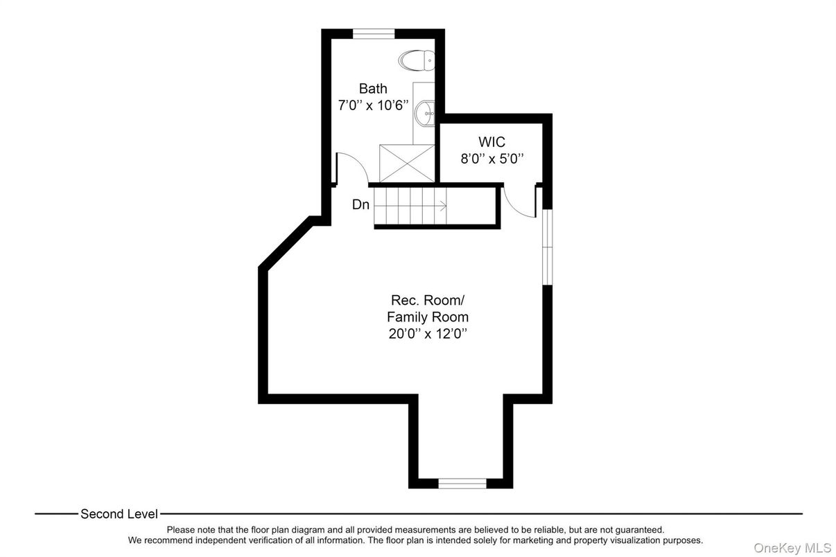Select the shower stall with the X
click(x=406, y=163)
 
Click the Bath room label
click(x=373, y=89)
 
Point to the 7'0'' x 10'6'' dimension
click(x=373, y=106)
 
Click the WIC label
click(x=491, y=143)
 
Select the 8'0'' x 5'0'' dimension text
click(x=491, y=159)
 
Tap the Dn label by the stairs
click(x=360, y=205)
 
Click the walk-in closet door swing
click(x=519, y=201)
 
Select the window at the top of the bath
click(x=374, y=33)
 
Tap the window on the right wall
click(x=547, y=247)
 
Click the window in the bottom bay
click(x=462, y=483)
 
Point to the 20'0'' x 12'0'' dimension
click(x=428, y=334)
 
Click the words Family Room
click(x=428, y=317)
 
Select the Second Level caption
click(x=119, y=514)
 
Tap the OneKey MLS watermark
click(x=792, y=548)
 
